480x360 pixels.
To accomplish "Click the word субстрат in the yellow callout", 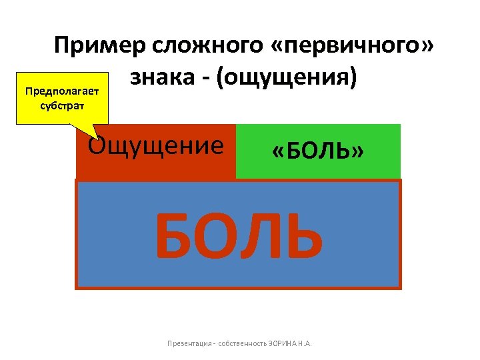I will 60,106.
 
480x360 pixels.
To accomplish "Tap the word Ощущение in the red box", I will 156,146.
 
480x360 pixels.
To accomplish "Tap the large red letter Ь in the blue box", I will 303,237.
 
